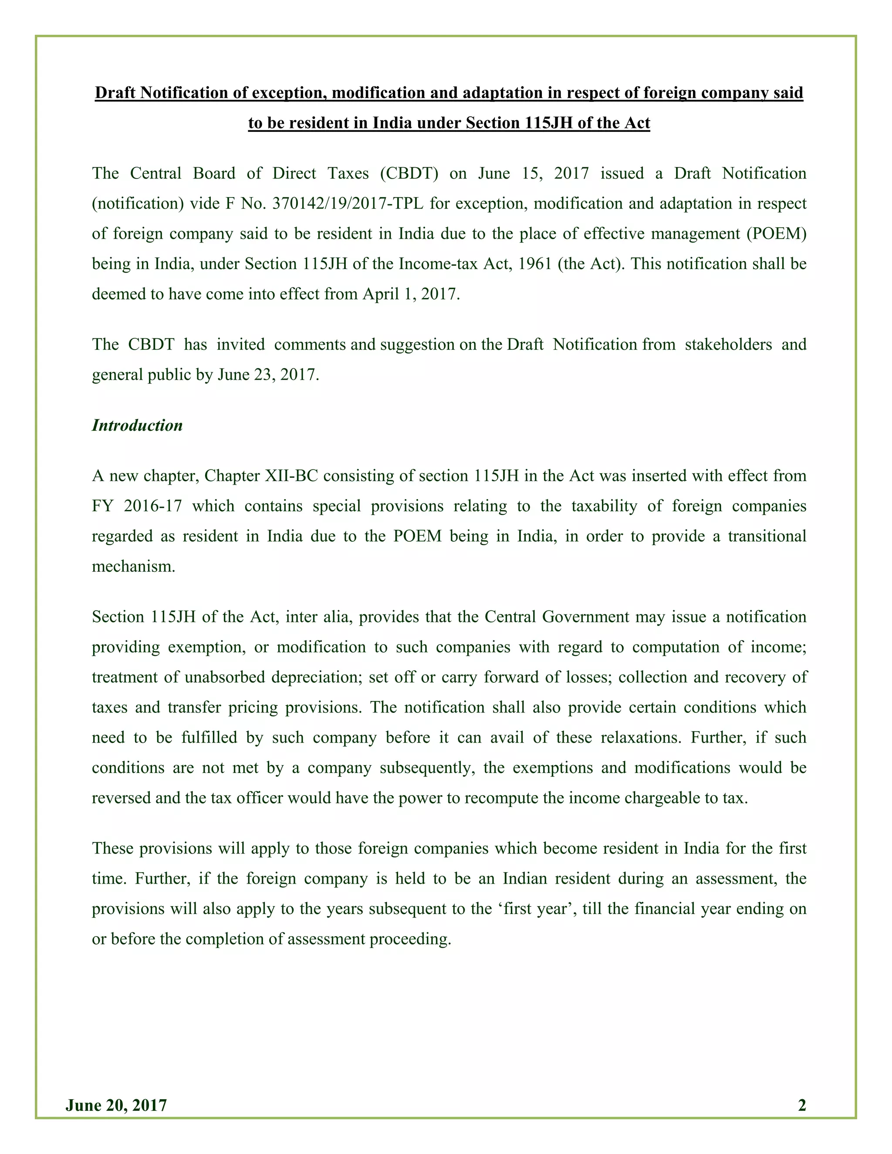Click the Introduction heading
coord(137,425)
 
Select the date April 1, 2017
coord(411,294)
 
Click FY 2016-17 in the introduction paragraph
coord(137,506)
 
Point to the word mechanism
coord(133,567)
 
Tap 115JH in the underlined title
coord(550,123)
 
